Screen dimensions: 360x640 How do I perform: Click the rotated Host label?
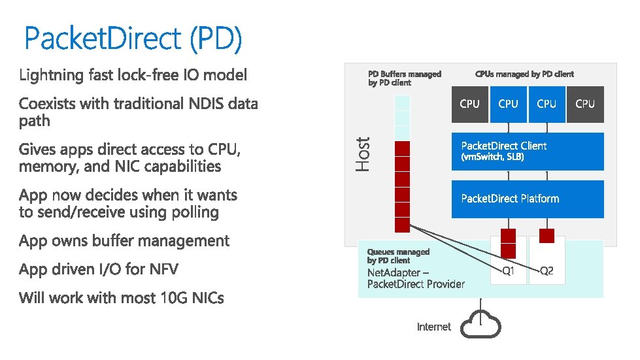(363, 154)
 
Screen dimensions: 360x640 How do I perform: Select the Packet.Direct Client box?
(528, 151)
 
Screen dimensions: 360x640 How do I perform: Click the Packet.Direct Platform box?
(528, 199)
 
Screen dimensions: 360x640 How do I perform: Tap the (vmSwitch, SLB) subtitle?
(492, 157)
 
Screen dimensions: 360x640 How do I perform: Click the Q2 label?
(547, 270)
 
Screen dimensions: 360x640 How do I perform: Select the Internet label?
(434, 327)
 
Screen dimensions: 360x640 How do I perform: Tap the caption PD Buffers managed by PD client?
(405, 78)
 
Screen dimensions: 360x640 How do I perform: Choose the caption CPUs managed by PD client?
(524, 74)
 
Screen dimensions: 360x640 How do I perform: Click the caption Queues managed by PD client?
(398, 255)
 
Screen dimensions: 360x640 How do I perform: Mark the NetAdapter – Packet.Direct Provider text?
(416, 278)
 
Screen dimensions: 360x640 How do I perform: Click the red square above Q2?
(547, 236)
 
